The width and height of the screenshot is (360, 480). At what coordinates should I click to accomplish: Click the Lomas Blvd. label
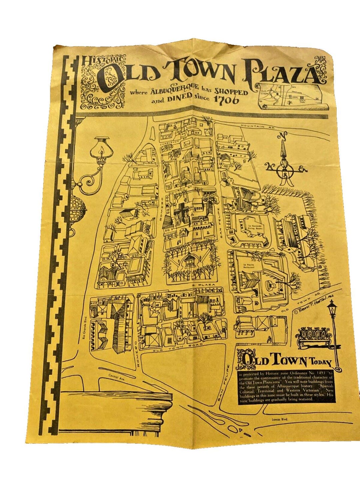(280, 420)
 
